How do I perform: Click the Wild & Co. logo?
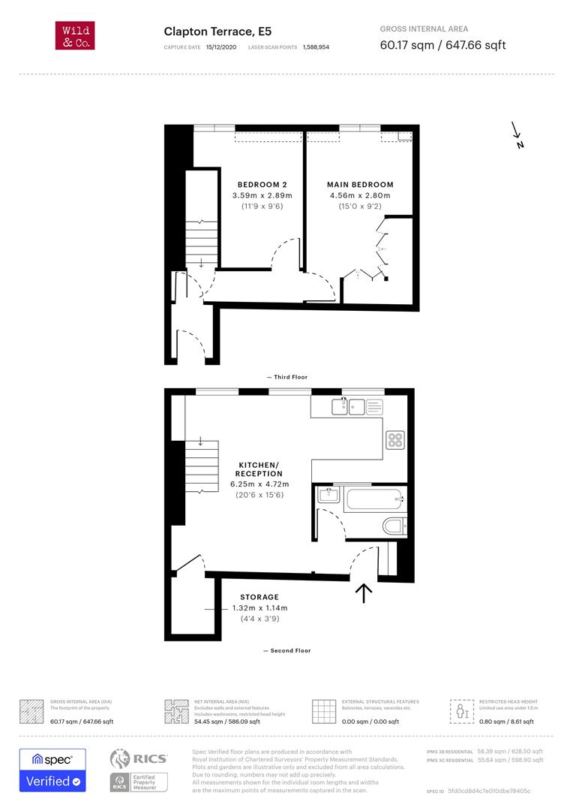click(x=75, y=36)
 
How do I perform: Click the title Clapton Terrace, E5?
click(x=217, y=32)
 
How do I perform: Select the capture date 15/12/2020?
click(x=221, y=47)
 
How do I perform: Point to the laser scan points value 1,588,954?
click(x=316, y=47)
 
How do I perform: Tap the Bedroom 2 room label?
click(x=262, y=185)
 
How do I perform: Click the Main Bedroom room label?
click(x=360, y=185)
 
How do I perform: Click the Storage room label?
click(x=259, y=597)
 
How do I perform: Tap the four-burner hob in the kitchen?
click(x=395, y=440)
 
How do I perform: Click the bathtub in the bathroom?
click(x=374, y=499)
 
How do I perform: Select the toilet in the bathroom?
click(x=394, y=526)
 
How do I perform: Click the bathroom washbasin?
click(x=328, y=495)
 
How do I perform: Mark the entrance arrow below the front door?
click(x=364, y=593)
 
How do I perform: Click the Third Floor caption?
click(x=287, y=377)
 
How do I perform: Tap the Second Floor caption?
click(x=287, y=650)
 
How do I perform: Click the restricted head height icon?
click(x=462, y=712)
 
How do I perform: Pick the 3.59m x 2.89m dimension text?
click(x=262, y=195)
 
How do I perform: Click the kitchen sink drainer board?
click(x=374, y=407)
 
